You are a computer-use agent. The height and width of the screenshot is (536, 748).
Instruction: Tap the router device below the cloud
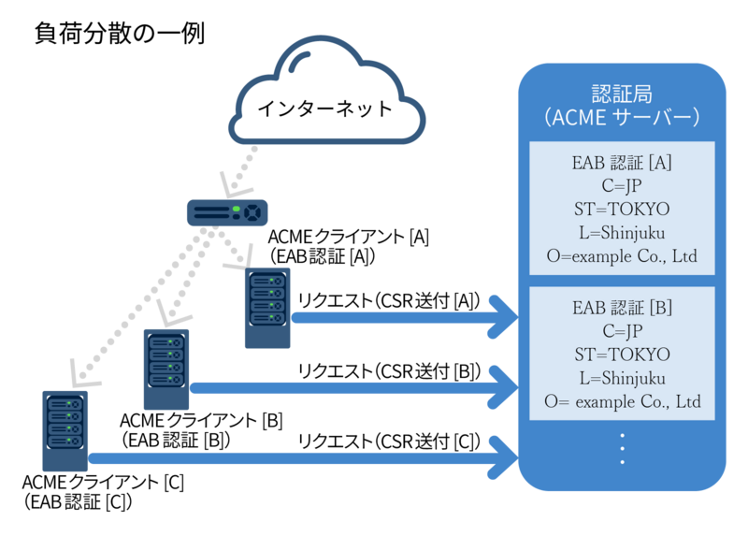coord(227,212)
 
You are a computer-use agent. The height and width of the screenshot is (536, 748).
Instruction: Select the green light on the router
coord(237,209)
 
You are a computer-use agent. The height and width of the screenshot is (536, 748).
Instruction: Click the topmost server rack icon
coord(267,307)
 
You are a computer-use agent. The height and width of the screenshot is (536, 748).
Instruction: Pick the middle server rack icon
coord(166,369)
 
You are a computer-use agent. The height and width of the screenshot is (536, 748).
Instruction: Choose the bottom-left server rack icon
coord(65,430)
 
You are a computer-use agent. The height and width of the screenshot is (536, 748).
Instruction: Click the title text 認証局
coord(622,94)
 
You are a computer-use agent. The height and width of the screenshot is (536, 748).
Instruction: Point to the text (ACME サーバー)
coord(622,118)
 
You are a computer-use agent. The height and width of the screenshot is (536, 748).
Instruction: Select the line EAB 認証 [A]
coord(622,163)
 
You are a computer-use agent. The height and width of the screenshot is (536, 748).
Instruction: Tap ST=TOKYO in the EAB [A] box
coord(622,209)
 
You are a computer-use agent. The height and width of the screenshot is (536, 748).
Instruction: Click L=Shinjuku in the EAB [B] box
coord(622,378)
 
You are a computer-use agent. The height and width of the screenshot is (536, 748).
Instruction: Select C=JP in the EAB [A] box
coord(622,185)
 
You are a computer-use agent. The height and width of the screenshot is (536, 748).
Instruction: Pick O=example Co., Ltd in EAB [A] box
coord(622,255)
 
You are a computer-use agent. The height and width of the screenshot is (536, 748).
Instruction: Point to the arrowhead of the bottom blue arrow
coord(505,458)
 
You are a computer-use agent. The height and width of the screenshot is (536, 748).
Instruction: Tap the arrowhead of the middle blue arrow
coord(505,387)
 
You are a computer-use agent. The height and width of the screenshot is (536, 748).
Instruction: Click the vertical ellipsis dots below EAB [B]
coord(622,449)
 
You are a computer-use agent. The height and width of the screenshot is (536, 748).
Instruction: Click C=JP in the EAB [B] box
coord(622,331)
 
